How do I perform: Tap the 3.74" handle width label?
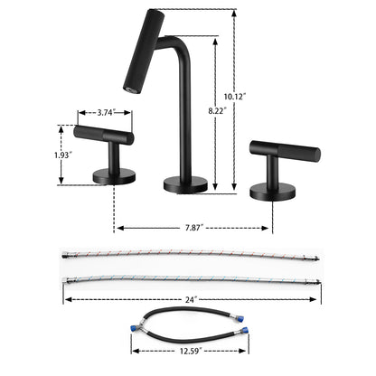(x=106, y=114)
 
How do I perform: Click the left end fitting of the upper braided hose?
(x=66, y=256)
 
